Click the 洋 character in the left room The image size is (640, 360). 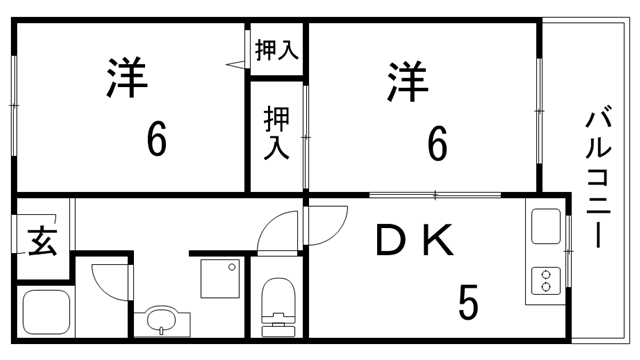pos(125,80)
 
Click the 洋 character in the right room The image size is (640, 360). pos(407,80)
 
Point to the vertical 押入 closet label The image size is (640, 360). pos(276,134)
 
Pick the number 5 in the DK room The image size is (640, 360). pos(466,302)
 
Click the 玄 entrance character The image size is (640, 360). pos(40,243)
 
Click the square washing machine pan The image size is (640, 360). pos(221,277)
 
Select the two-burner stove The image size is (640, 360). pos(546,282)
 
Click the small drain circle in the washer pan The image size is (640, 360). pos(234,266)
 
